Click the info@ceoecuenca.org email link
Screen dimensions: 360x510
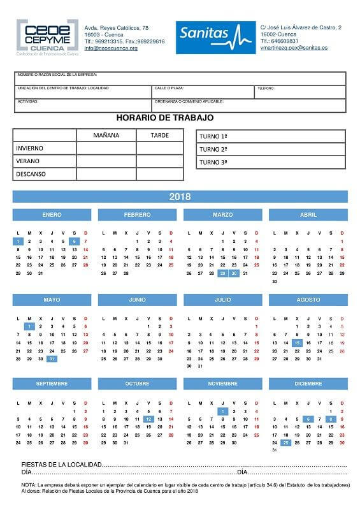pos(111,48)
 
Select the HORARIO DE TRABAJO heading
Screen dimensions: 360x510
pos(165,118)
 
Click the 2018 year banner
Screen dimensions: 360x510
pos(180,196)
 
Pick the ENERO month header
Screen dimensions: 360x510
pos(52,215)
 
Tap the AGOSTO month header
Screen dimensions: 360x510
pos(308,299)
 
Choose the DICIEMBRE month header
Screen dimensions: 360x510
pos(308,383)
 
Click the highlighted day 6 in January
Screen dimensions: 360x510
pos(75,241)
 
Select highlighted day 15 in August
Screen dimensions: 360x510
pos(297,343)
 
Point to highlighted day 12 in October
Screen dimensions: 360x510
pos(148,419)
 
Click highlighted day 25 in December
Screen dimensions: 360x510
pos(285,442)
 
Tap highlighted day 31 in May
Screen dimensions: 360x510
pos(52,359)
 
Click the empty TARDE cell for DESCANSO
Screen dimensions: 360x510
pos(159,173)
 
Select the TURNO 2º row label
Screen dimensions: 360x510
pos(213,149)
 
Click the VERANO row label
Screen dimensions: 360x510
pos(28,161)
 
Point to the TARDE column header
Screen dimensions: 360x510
pos(159,135)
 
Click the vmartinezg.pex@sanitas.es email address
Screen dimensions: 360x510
pos(294,48)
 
